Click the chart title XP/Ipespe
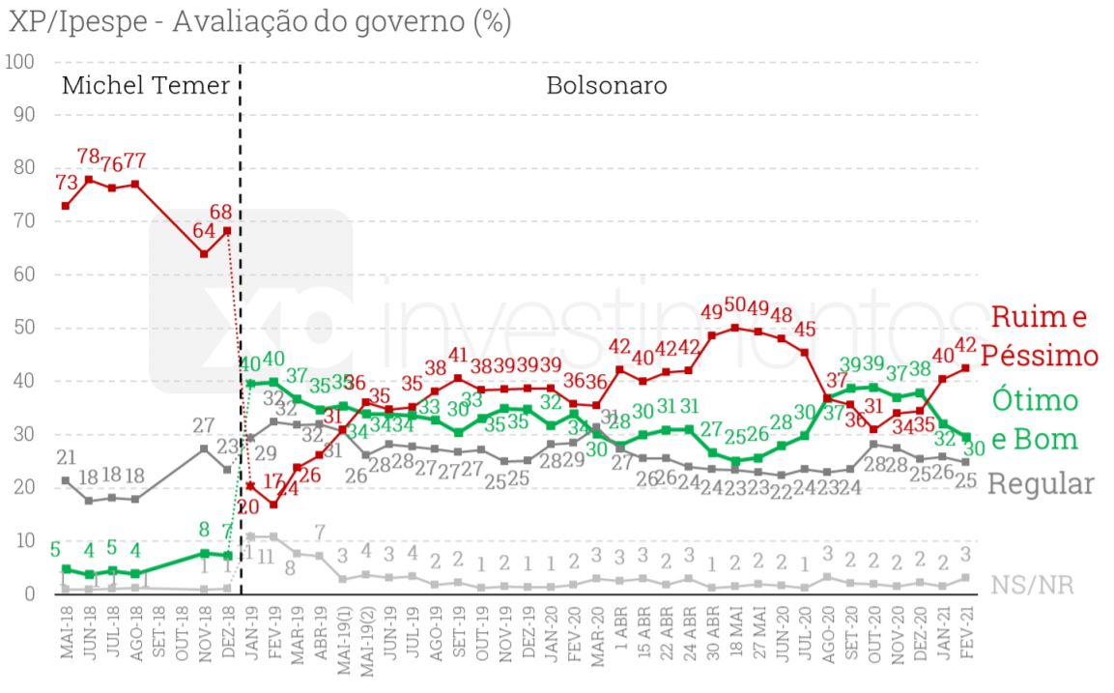[259, 21]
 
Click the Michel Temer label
[146, 86]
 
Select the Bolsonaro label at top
[607, 86]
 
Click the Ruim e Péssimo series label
[1041, 335]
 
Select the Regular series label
[1041, 484]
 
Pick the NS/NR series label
[1032, 585]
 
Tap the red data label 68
[221, 210]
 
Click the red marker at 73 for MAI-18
[66, 206]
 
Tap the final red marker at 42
[965, 368]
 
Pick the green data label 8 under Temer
[204, 530]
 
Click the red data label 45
[806, 330]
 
